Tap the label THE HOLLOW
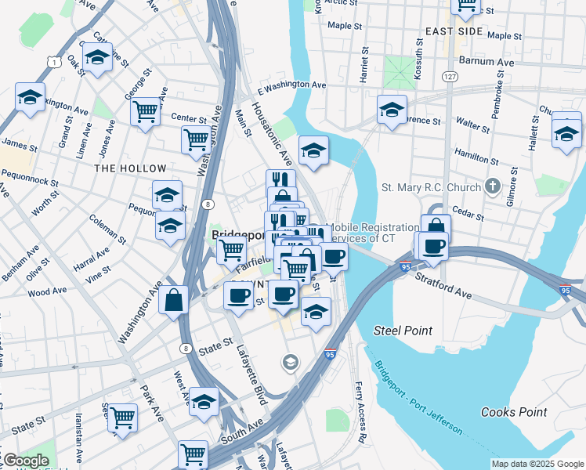(131, 168)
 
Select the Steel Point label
(403, 331)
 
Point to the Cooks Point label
(513, 412)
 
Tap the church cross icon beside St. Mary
(492, 186)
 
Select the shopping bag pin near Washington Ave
(174, 299)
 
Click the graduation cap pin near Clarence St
(392, 110)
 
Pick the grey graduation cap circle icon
(291, 362)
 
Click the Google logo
(25, 461)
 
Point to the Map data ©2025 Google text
(537, 464)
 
